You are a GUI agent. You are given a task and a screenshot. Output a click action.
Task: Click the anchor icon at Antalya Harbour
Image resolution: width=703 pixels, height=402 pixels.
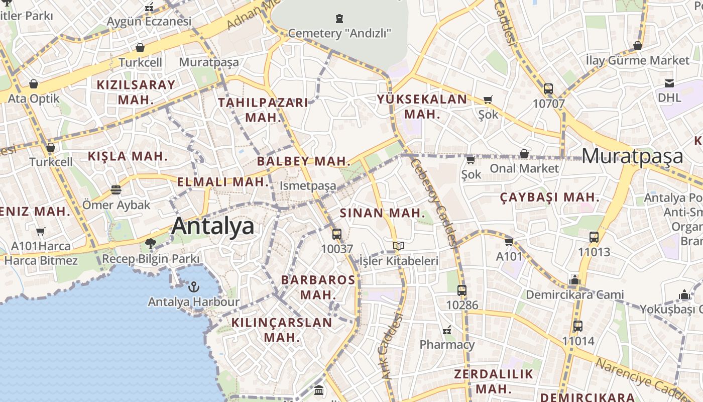coord(193,287)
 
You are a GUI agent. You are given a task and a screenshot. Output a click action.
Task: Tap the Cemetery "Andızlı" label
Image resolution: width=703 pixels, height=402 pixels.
coord(339,34)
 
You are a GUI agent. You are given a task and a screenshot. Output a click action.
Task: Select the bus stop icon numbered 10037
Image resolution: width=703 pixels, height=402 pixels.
coord(337,234)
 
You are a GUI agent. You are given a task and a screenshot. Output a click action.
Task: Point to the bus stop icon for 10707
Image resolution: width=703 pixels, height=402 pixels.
coord(548,89)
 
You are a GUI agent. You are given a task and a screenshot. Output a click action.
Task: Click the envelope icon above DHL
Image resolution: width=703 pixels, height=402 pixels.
coord(669,83)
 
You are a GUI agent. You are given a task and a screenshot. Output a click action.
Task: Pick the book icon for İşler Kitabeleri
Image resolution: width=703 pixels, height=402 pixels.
coord(399,246)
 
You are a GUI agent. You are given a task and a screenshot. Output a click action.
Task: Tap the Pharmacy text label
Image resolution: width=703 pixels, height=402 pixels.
coord(447,345)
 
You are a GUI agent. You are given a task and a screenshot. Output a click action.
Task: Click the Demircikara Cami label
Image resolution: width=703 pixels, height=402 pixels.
coord(574,294)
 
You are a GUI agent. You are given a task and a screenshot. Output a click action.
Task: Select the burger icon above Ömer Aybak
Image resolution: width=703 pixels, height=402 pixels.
coord(116,190)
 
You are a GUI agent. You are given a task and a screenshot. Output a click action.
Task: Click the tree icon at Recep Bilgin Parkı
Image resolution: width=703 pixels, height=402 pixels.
coord(150,244)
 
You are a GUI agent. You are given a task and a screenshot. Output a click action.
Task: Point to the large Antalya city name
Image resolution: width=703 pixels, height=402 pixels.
coord(213,227)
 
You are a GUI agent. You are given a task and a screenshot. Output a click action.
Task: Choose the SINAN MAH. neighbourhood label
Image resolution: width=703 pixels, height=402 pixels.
coord(383,213)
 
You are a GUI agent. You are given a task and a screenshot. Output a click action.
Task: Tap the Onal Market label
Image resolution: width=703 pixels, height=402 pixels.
coord(524,168)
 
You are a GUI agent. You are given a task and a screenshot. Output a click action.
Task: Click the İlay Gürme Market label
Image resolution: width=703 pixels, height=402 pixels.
coord(638,61)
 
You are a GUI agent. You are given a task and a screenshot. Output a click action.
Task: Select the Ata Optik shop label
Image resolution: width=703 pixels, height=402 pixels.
coord(34,98)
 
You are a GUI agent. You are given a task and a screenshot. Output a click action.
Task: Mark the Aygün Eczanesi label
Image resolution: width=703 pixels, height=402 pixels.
coord(149,22)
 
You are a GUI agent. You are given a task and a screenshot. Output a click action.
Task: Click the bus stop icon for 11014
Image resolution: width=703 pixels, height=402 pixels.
coord(578,326)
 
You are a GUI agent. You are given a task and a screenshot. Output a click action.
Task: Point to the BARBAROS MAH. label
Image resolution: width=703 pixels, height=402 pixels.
coord(318,287)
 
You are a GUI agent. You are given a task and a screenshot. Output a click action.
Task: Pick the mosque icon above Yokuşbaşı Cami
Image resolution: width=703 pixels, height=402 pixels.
coord(684,294)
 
